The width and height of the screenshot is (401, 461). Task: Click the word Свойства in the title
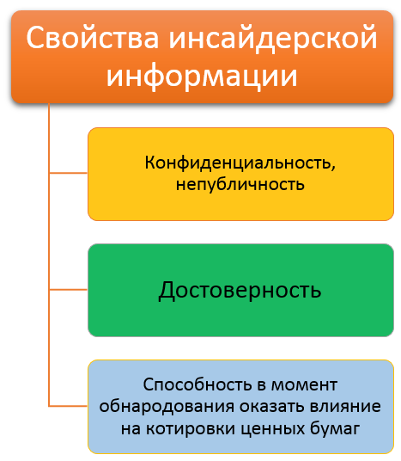click(x=93, y=38)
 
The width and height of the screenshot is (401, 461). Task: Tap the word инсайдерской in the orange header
click(x=273, y=39)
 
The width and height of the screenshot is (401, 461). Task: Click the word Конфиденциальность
click(x=238, y=163)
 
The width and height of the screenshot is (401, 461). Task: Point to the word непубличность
click(x=240, y=185)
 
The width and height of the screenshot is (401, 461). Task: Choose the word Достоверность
click(x=240, y=291)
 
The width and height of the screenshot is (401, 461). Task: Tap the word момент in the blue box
click(x=304, y=385)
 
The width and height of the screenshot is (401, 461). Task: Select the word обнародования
click(x=167, y=407)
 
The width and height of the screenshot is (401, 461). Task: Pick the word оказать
click(x=272, y=407)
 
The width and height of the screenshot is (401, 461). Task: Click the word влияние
click(x=345, y=407)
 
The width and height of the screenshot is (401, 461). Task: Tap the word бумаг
click(x=335, y=428)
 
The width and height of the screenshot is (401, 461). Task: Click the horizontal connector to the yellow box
click(x=69, y=173)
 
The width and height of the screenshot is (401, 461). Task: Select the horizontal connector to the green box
click(x=69, y=290)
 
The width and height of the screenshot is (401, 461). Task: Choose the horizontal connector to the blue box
click(x=69, y=406)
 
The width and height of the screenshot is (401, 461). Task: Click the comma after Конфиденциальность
click(x=333, y=169)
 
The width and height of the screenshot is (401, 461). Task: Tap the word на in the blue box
click(x=131, y=429)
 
